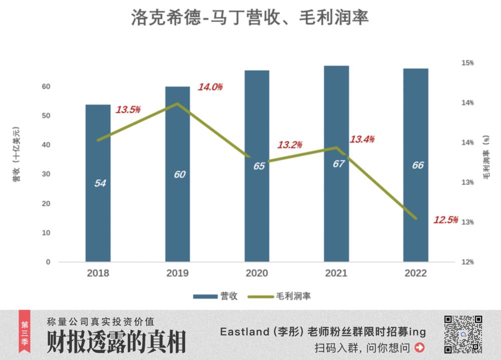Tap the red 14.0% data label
coord(210,87)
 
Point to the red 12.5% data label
coord(445,219)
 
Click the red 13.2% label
coord(289,145)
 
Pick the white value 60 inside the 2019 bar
coord(180,175)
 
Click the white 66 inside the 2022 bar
coord(417,166)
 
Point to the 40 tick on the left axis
coord(46,145)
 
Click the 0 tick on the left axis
coord(48,262)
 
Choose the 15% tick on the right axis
coord(467,63)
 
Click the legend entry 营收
coord(215,296)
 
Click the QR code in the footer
coord(463,334)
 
